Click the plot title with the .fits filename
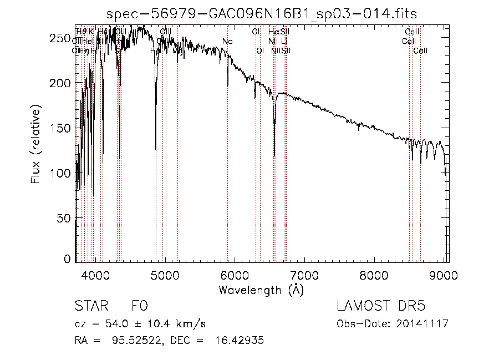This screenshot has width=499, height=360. pyautogui.click(x=262, y=13)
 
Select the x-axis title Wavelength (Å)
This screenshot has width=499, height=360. pyautogui.click(x=262, y=290)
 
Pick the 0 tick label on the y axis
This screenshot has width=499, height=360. pyautogui.click(x=68, y=258)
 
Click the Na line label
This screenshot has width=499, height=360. pyautogui.click(x=227, y=41)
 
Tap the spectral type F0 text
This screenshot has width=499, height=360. pyautogui.click(x=139, y=307)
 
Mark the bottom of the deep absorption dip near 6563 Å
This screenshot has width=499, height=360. pyautogui.click(x=274, y=157)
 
